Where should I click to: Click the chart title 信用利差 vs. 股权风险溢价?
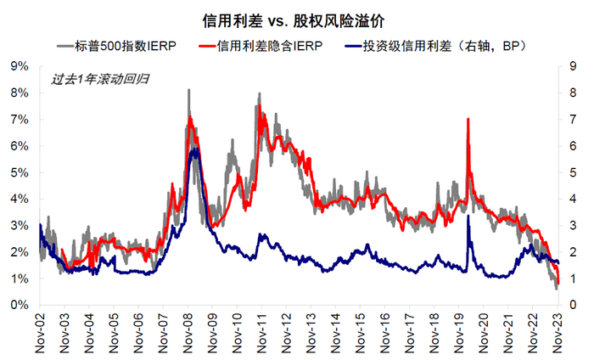297,18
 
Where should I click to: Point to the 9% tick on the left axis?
19,66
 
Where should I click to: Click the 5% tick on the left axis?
19,172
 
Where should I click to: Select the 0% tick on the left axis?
19,305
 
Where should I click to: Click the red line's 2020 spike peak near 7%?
468,120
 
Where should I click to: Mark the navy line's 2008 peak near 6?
194,149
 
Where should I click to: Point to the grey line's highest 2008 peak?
188,90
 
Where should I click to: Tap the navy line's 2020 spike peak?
468,217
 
